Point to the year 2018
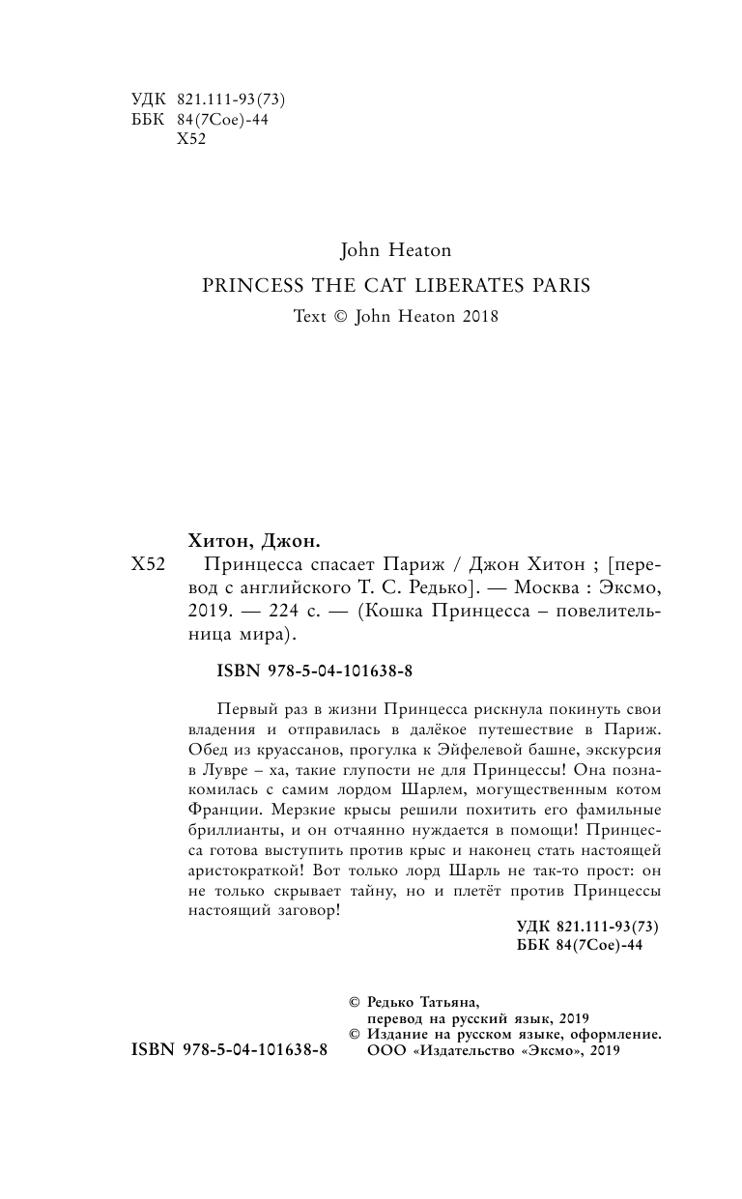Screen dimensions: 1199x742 [x=478, y=316]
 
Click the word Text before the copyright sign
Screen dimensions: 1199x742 [x=312, y=316]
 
